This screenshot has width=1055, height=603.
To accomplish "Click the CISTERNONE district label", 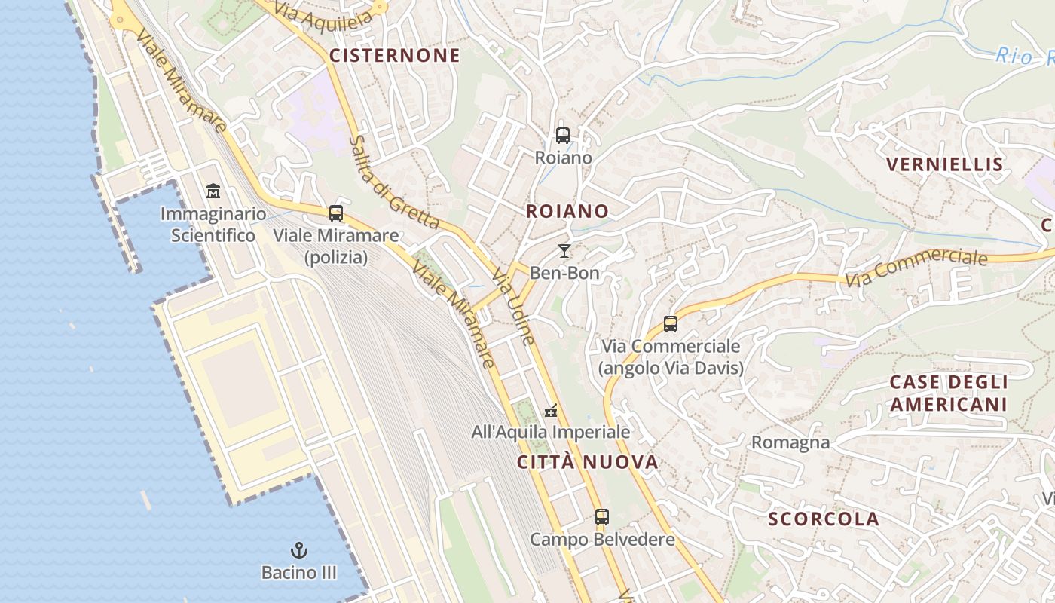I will pyautogui.click(x=394, y=55).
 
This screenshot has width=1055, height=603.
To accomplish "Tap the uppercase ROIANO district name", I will pyautogui.click(x=567, y=211).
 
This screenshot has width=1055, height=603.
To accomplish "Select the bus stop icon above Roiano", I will pyautogui.click(x=563, y=136).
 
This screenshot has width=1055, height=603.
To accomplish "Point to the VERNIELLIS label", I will pyautogui.click(x=944, y=164).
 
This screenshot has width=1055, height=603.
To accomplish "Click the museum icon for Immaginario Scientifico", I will pyautogui.click(x=213, y=191).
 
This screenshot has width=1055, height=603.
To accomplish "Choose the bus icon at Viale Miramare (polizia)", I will pyautogui.click(x=336, y=213).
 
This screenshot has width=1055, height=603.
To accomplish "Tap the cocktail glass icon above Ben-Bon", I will pyautogui.click(x=564, y=251).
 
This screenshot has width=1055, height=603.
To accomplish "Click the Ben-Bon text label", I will pyautogui.click(x=564, y=273).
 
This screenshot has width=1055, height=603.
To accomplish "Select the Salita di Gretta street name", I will pyautogui.click(x=394, y=182).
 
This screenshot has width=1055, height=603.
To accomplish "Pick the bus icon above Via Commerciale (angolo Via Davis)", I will pyautogui.click(x=671, y=324).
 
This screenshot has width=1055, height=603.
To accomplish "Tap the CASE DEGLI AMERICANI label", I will pyautogui.click(x=948, y=393).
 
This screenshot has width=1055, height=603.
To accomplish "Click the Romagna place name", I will pyautogui.click(x=790, y=442).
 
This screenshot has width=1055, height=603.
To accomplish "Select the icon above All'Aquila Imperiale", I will pyautogui.click(x=552, y=411).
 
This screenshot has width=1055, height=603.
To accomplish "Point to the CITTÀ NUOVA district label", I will pyautogui.click(x=588, y=462).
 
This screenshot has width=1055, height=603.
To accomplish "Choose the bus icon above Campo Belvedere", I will pyautogui.click(x=601, y=517).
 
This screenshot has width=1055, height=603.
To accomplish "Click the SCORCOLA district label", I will pyautogui.click(x=824, y=519).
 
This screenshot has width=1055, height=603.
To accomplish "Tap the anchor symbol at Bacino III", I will pyautogui.click(x=299, y=550).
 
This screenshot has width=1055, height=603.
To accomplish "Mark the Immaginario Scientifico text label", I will pyautogui.click(x=213, y=225).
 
